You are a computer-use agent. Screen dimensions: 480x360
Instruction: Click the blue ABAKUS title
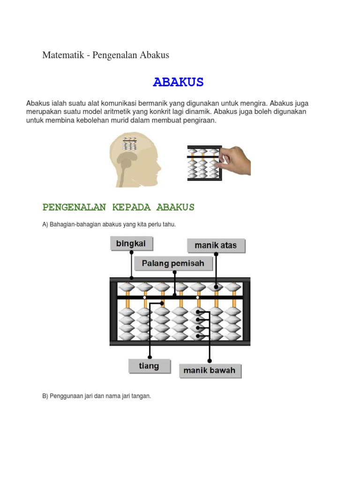point(178,82)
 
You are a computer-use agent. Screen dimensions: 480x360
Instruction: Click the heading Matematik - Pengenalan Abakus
point(105,55)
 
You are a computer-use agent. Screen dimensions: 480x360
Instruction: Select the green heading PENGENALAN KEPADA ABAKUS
point(118,207)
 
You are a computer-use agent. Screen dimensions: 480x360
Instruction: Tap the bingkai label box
point(131,244)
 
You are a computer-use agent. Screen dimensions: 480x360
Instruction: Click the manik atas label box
point(216,245)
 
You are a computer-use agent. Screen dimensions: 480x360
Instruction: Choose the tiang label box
point(149,366)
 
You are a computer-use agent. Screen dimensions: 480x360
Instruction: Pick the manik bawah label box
point(209,370)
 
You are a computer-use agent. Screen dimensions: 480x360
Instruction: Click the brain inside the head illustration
point(126,162)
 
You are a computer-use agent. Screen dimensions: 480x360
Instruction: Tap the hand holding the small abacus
point(236,160)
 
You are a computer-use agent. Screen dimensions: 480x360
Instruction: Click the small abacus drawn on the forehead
point(129,143)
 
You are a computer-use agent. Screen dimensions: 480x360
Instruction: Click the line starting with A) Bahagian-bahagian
point(109,225)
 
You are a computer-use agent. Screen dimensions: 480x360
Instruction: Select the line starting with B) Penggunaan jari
point(97,396)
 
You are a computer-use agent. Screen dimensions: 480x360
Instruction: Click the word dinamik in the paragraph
point(197,112)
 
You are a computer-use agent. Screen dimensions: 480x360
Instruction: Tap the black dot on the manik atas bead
point(216,286)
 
